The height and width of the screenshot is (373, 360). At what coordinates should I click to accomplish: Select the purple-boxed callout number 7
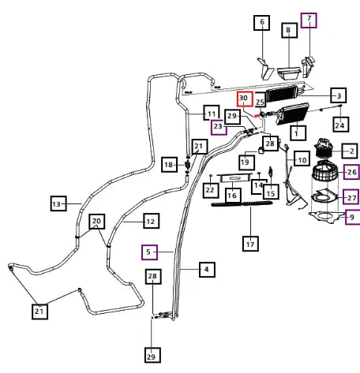click(x=309, y=21)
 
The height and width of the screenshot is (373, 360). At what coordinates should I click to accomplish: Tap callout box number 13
click(x=58, y=203)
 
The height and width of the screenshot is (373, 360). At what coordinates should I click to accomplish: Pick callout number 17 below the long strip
click(x=250, y=244)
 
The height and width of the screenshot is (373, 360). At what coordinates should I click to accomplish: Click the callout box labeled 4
click(x=207, y=270)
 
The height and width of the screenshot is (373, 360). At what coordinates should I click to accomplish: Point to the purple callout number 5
click(x=149, y=252)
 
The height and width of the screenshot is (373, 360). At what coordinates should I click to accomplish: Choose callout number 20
click(x=97, y=222)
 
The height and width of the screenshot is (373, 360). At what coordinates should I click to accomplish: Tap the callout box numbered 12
click(x=152, y=221)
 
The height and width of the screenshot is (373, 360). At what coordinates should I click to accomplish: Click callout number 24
click(x=341, y=125)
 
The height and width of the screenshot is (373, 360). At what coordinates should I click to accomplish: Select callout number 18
click(x=169, y=165)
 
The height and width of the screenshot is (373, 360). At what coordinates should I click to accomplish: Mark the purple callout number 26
click(x=351, y=172)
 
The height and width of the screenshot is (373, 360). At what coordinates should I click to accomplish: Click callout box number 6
click(x=261, y=23)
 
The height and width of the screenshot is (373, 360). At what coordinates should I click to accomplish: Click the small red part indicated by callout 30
click(x=256, y=115)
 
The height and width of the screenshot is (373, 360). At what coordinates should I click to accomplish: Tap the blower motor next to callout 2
click(x=324, y=148)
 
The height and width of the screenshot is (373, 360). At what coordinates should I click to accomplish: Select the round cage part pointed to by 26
click(x=325, y=172)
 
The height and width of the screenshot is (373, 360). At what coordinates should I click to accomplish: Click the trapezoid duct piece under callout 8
click(x=289, y=73)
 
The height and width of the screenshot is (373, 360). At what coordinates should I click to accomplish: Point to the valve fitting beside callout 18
click(x=187, y=165)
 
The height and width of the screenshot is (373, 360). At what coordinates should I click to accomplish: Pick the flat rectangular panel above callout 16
click(x=234, y=178)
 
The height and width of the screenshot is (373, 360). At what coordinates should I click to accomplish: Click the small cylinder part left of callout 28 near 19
click(x=261, y=151)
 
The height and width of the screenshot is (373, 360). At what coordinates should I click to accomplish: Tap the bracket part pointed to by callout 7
click(x=308, y=67)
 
